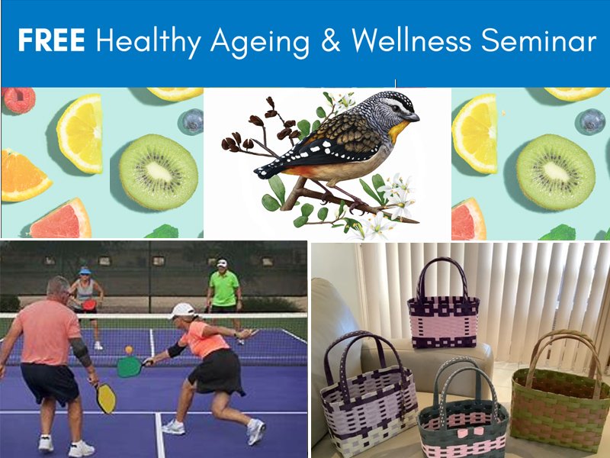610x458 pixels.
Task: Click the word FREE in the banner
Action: point(51,40)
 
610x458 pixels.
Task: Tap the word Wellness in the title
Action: point(412,40)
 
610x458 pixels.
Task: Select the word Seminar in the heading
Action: point(539,40)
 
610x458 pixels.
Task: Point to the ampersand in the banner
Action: point(331,40)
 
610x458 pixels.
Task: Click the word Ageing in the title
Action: point(260,43)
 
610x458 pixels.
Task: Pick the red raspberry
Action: point(18,100)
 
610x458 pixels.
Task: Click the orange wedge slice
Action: point(24,176)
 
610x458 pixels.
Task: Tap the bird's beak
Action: point(413,117)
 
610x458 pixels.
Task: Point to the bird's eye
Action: point(397,108)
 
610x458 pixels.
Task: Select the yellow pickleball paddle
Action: point(106,398)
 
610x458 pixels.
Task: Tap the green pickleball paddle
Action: point(130,367)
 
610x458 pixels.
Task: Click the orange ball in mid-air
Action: point(129,350)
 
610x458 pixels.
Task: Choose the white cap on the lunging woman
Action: point(182,311)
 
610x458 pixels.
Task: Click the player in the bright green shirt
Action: point(223,290)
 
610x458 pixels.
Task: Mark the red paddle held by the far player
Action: point(89,305)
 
